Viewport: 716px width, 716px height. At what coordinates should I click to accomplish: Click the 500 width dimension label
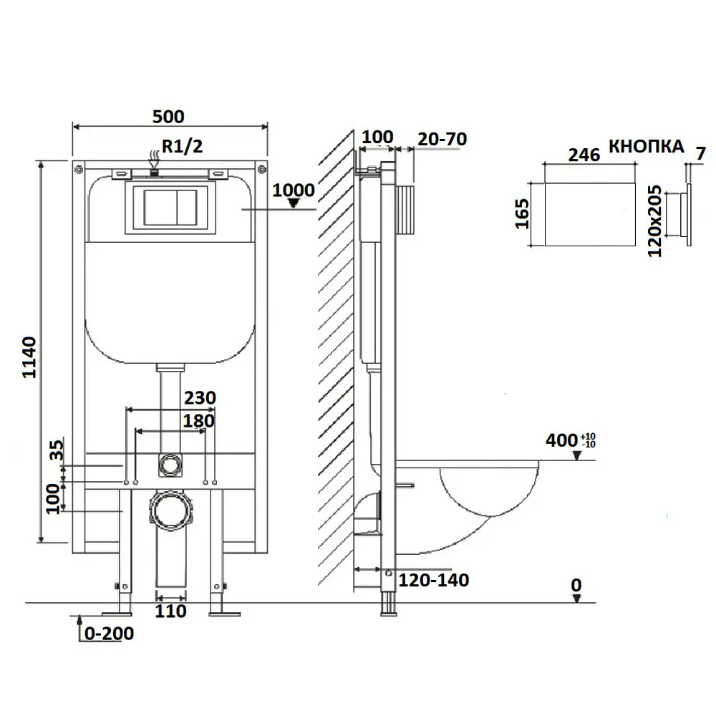pos(168,117)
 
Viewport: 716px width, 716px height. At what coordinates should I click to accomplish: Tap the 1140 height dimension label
pos(29,357)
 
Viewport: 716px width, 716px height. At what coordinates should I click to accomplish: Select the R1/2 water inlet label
pos(182,146)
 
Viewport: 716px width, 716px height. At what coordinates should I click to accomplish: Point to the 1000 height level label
pos(293,190)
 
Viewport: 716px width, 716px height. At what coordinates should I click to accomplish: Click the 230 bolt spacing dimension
pos(200,397)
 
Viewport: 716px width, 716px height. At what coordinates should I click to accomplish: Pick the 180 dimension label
pos(198,420)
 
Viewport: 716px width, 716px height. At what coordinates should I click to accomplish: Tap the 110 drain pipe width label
pos(170,611)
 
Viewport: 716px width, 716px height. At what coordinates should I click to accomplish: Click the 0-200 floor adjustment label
pos(109,634)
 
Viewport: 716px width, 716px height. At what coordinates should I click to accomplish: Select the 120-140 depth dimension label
pos(434,580)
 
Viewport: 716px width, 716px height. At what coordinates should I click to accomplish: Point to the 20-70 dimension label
pos(442,139)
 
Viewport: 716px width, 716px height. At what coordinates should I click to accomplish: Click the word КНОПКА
pos(646,146)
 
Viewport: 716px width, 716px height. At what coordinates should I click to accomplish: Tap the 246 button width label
pos(584,155)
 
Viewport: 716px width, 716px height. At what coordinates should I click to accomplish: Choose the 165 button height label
pos(521,213)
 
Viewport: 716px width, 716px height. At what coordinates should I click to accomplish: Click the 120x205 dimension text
pos(654,221)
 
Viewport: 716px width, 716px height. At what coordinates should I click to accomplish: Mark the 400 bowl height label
pos(571,440)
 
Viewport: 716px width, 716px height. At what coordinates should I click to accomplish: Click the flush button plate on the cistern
pos(170,208)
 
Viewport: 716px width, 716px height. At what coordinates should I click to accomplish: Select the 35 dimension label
pos(57,450)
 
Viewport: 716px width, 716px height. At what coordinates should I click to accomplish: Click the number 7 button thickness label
pos(701,153)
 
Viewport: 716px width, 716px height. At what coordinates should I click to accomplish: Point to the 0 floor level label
pos(576,585)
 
